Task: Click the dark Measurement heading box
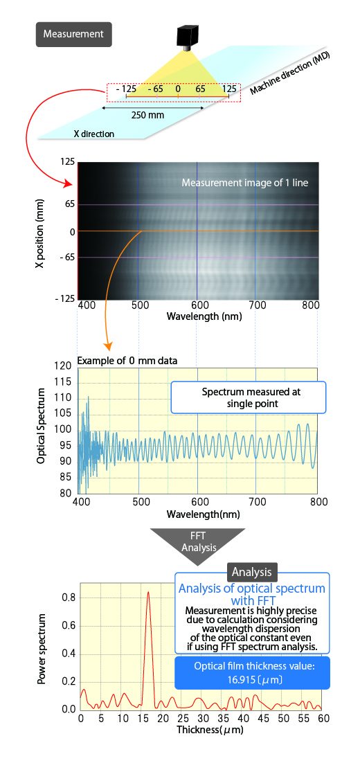pyautogui.click(x=73, y=33)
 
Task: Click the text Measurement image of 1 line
pyautogui.click(x=245, y=183)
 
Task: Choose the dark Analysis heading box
pyautogui.click(x=251, y=572)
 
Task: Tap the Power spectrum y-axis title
pyautogui.click(x=43, y=647)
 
